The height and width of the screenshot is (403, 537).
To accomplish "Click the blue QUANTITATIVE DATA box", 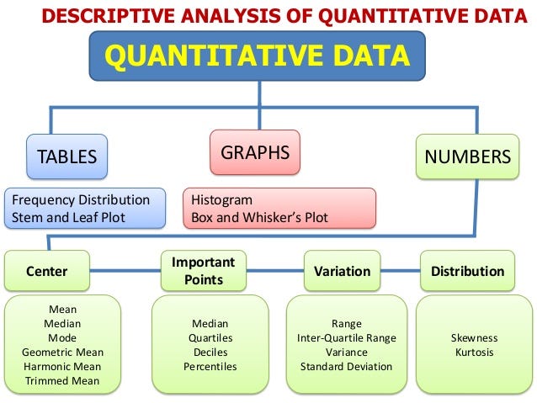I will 257,56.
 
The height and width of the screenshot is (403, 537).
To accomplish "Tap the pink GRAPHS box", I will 254,153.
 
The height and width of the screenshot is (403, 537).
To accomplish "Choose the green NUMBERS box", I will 467,156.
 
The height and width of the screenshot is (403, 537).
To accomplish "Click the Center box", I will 47,271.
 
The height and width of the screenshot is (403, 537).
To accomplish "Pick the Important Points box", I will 203,270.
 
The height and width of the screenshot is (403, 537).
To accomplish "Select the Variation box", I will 342,271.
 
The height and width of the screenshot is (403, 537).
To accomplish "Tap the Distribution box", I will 467,271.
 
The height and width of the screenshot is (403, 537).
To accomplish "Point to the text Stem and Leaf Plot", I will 65,217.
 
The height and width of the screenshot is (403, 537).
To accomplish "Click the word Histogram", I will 221,201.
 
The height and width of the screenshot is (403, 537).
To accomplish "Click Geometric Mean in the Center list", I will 62,353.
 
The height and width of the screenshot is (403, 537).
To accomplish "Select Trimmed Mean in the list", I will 62,381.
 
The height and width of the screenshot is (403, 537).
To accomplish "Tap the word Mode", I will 62,338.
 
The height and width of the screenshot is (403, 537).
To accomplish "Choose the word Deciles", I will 210,353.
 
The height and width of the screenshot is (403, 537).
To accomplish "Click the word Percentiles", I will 210,367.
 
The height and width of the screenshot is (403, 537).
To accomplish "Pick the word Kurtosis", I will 474,353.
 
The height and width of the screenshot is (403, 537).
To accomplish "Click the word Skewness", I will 474,338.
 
